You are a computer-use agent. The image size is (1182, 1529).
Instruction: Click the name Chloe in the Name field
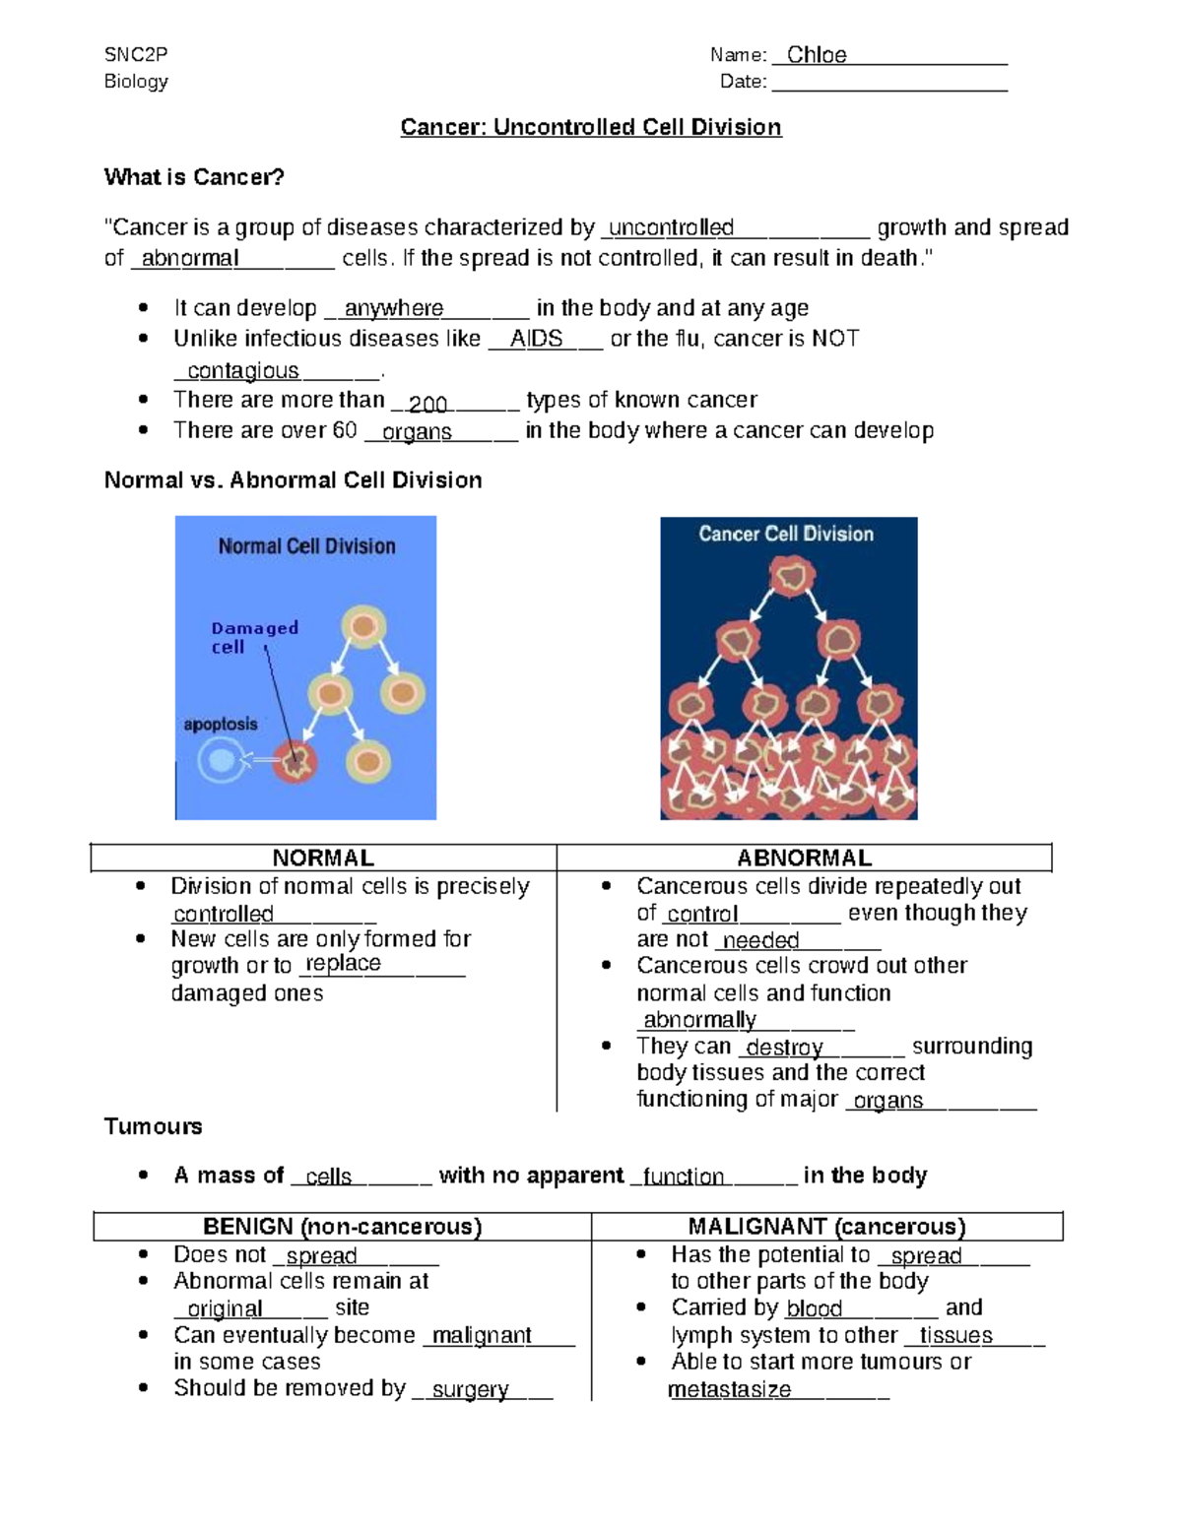[817, 55]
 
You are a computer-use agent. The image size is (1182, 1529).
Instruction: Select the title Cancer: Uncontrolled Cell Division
[590, 127]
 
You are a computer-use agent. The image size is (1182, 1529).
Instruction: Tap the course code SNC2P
[129, 54]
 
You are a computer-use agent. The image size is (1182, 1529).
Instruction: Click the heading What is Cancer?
[194, 177]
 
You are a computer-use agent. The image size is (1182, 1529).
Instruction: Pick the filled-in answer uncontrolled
[672, 228]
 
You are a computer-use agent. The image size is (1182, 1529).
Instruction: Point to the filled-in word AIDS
[536, 339]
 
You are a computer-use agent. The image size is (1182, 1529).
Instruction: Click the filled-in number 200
[428, 404]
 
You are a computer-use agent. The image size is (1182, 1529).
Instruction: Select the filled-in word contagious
[243, 371]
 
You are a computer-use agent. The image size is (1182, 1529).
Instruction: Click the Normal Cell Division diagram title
[306, 546]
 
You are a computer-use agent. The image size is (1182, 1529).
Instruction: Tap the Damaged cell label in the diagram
[253, 637]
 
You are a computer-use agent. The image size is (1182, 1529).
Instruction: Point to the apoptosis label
[221, 725]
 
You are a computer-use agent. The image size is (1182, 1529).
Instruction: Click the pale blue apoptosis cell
[222, 761]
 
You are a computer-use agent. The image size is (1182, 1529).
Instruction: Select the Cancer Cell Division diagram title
[786, 534]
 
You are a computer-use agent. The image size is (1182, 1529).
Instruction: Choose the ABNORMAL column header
[804, 858]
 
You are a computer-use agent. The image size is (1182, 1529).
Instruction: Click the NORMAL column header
[323, 858]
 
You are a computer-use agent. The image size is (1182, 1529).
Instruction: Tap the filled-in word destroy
[784, 1048]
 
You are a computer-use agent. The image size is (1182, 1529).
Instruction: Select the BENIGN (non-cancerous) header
[342, 1227]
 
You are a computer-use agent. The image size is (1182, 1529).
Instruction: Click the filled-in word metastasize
[730, 1389]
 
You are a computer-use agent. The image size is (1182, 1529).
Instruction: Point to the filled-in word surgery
[470, 1389]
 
